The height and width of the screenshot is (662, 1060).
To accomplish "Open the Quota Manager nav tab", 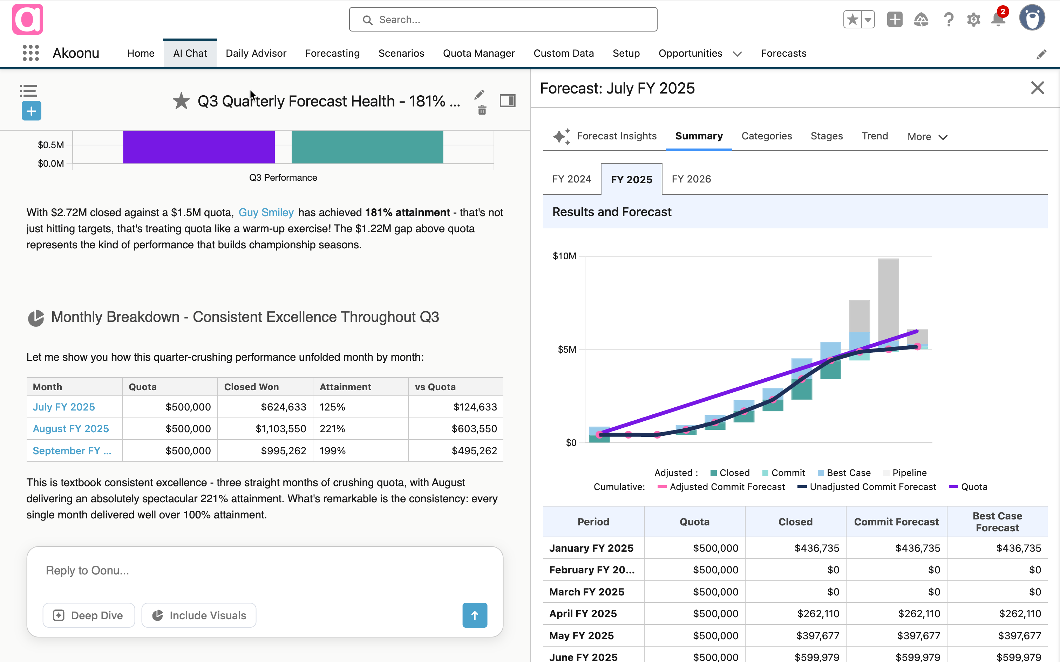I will (x=478, y=53).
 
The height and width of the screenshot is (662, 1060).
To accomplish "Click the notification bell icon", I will (x=998, y=20).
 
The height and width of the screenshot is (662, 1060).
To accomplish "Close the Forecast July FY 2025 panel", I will (x=1037, y=88).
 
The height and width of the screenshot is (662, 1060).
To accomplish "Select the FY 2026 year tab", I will (x=691, y=179).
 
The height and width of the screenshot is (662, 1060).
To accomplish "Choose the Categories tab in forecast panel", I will (x=766, y=136).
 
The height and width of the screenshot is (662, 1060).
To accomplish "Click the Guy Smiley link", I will (x=266, y=213).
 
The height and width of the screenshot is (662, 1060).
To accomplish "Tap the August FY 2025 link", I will (x=71, y=429).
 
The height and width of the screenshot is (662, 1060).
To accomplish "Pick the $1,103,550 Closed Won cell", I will (x=281, y=429).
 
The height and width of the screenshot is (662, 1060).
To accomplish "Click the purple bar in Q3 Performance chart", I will (x=198, y=147).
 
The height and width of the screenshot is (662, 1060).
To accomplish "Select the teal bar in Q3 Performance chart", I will (x=367, y=147).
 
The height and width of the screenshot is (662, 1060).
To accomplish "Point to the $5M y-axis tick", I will (x=567, y=350).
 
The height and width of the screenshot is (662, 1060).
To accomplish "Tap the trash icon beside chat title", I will (x=482, y=110).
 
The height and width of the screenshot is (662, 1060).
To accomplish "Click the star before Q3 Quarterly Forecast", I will (x=181, y=101).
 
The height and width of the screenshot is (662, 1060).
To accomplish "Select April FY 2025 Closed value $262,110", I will (x=818, y=613).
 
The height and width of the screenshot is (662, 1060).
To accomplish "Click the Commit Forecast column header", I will (x=896, y=522).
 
